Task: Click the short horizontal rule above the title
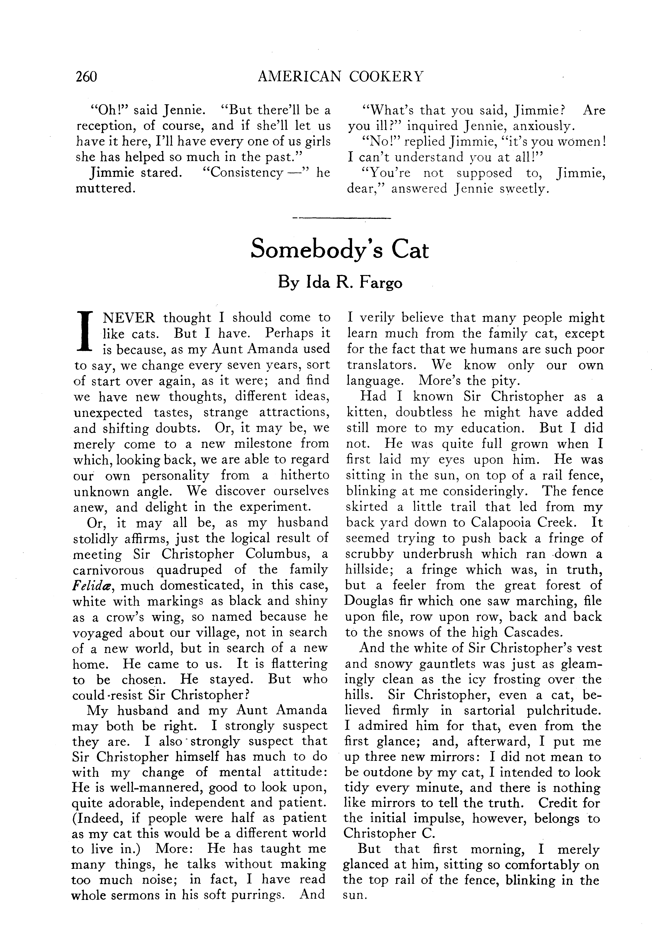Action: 341,219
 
